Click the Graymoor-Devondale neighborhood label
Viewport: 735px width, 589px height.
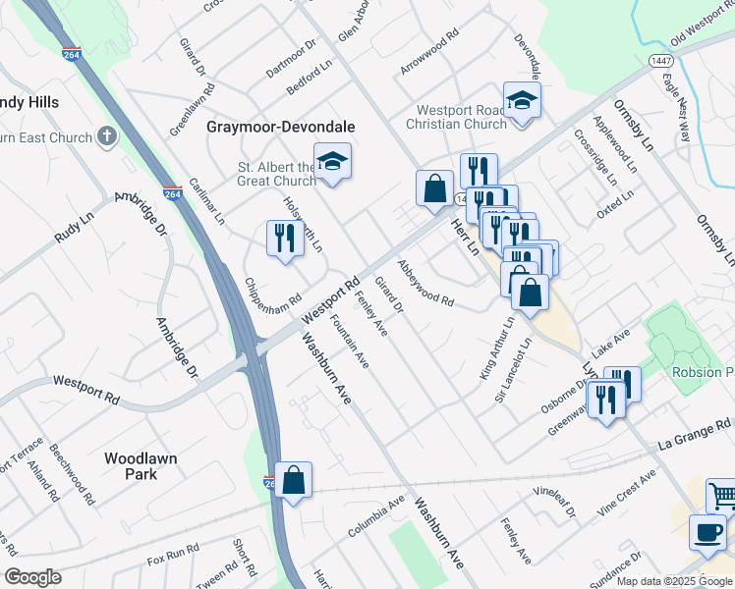280,128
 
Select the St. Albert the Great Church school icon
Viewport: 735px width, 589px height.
333,162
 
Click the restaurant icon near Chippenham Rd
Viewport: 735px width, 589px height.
285,239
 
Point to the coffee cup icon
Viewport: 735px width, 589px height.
707,533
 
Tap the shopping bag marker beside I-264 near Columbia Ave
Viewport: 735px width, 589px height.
293,480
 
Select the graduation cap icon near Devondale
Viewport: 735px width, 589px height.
521,100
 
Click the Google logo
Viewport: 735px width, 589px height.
32,576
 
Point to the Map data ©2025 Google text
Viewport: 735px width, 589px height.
674,581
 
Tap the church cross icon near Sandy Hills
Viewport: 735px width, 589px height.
105,137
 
